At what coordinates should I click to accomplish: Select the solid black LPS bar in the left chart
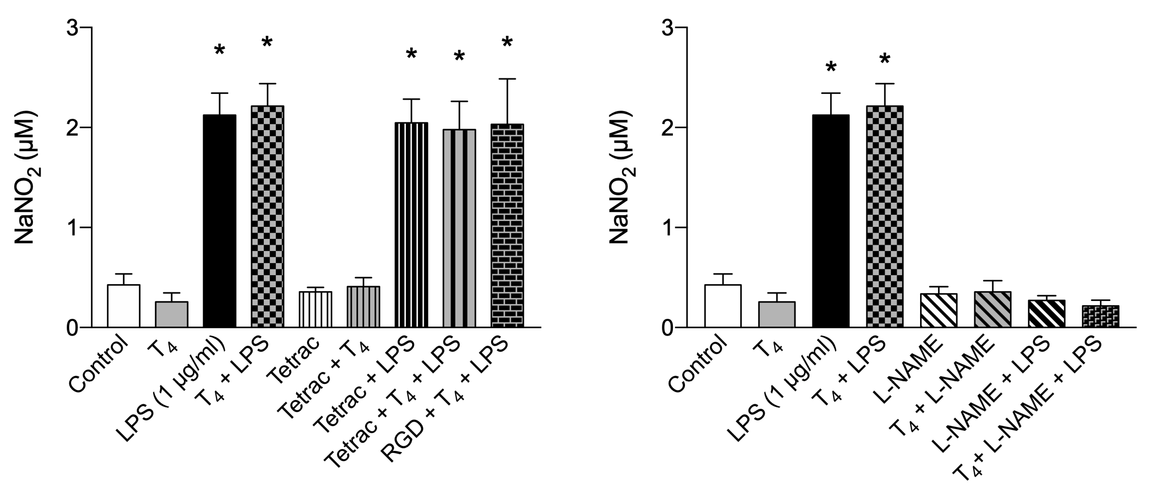(220, 221)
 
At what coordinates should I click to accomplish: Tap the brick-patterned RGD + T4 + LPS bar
(507, 225)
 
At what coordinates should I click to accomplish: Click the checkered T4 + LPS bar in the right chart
(884, 217)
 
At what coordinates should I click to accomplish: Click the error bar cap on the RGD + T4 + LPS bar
(507, 79)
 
